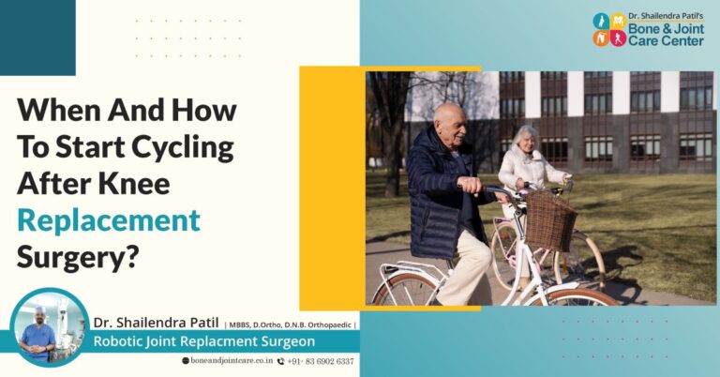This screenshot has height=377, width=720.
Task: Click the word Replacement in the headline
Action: pyautogui.click(x=109, y=219)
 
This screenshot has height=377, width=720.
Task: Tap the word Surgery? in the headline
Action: pyautogui.click(x=77, y=255)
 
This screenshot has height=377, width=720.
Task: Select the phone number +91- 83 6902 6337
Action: pyautogui.click(x=320, y=361)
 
